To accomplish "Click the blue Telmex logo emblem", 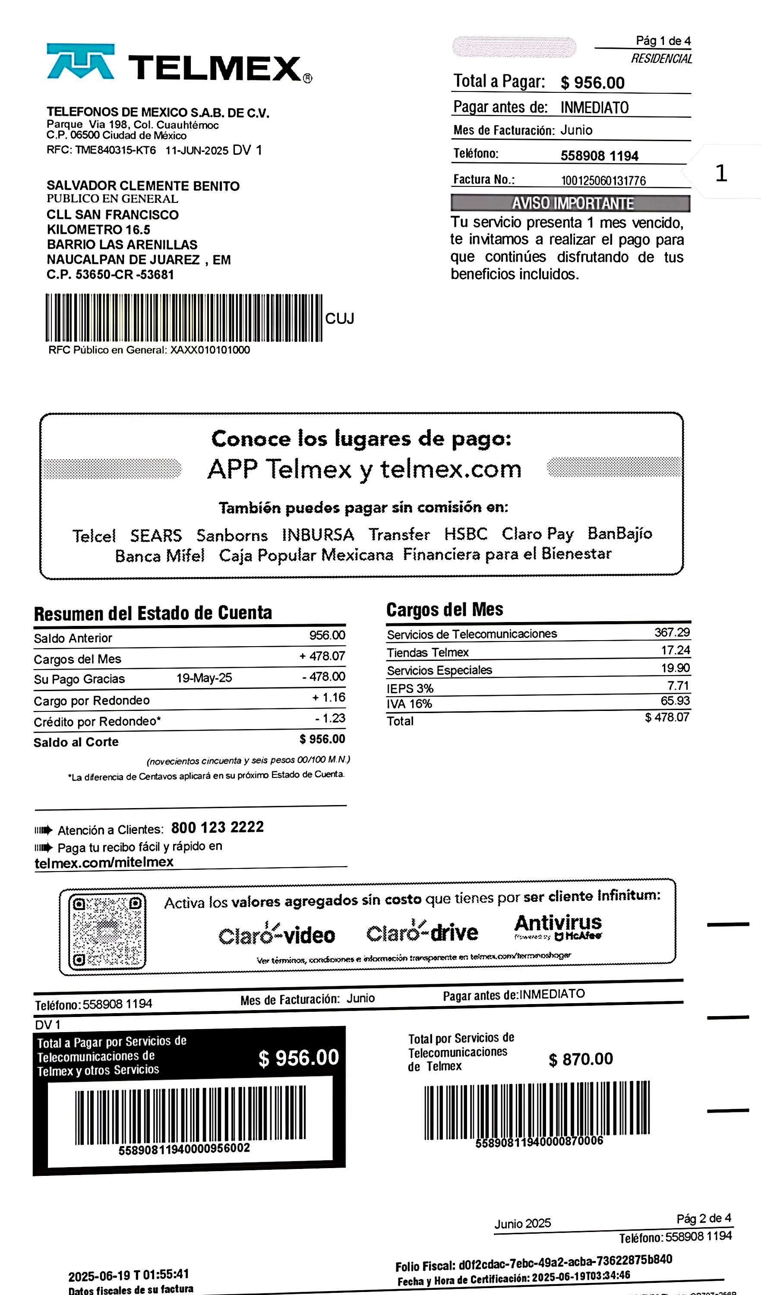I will tap(81, 61).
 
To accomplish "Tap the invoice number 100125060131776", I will tap(603, 180).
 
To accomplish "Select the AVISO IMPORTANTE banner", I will tap(570, 203).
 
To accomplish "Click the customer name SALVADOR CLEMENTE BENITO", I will tap(143, 186).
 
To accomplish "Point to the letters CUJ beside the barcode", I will tap(340, 319).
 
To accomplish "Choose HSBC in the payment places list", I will tap(466, 534).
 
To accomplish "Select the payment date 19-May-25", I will tap(204, 678).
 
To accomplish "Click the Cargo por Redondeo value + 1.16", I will tap(329, 697).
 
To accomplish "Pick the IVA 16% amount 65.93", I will tap(675, 701).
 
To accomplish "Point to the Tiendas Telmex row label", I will tap(427, 653).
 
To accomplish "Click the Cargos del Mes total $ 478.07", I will tap(667, 717).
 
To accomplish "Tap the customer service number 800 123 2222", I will tap(218, 828).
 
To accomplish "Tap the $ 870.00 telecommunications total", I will tap(581, 1059).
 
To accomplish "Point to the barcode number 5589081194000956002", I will tap(184, 1149).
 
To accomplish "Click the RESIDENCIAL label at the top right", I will tap(661, 59).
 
